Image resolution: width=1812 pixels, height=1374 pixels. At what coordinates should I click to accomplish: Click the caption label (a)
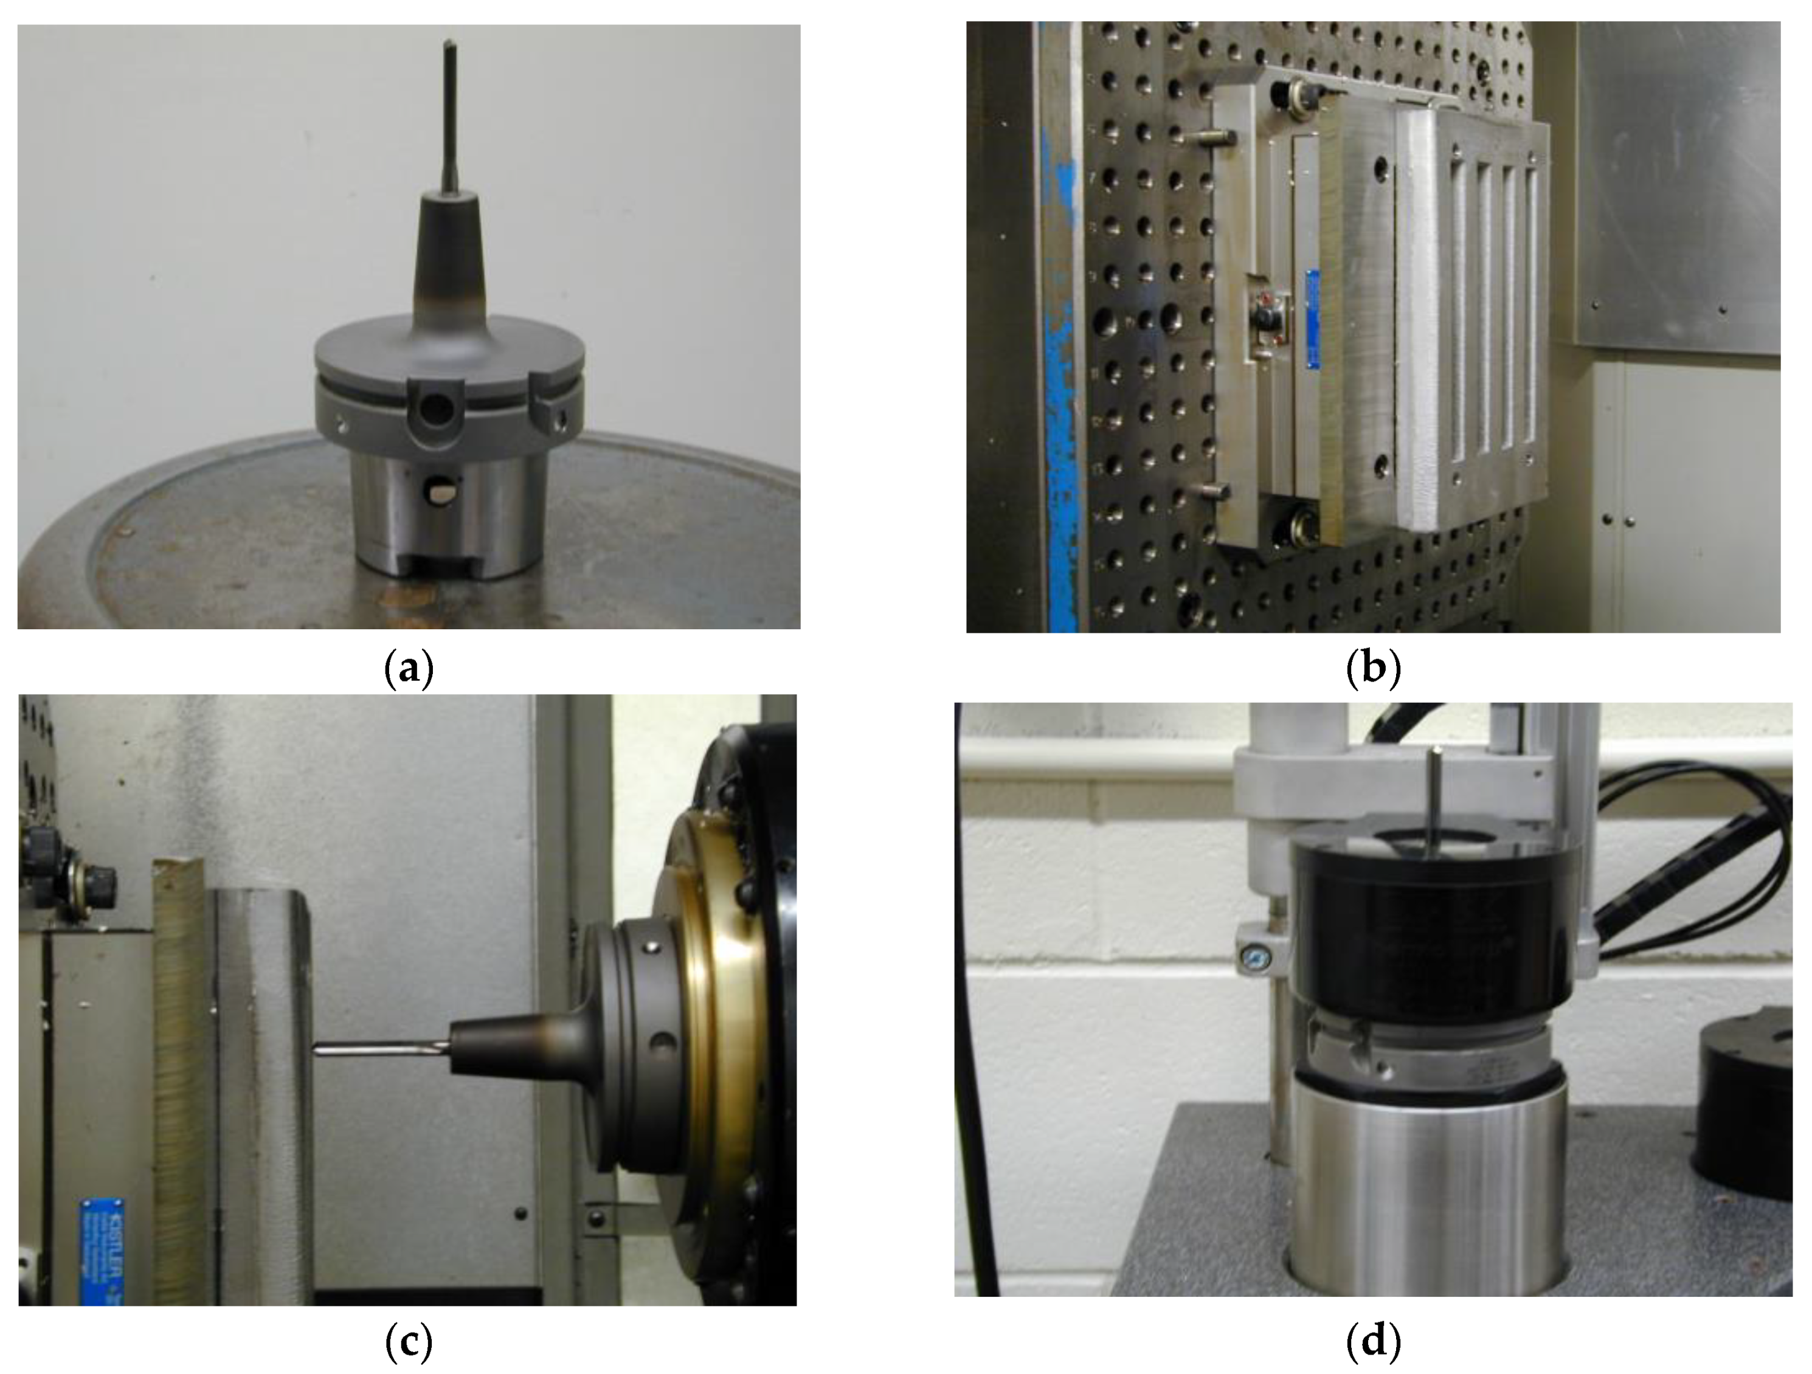click(408, 669)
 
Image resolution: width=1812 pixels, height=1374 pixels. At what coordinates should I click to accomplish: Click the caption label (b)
click(1374, 669)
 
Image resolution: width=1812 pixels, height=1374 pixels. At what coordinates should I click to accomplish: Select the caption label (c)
click(408, 1341)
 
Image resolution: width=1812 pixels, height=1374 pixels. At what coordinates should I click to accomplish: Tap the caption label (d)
click(1374, 1341)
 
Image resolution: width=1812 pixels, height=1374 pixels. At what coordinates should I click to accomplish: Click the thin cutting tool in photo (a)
click(450, 115)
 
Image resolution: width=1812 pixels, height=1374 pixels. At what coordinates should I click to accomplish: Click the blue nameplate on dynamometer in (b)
click(1312, 319)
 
